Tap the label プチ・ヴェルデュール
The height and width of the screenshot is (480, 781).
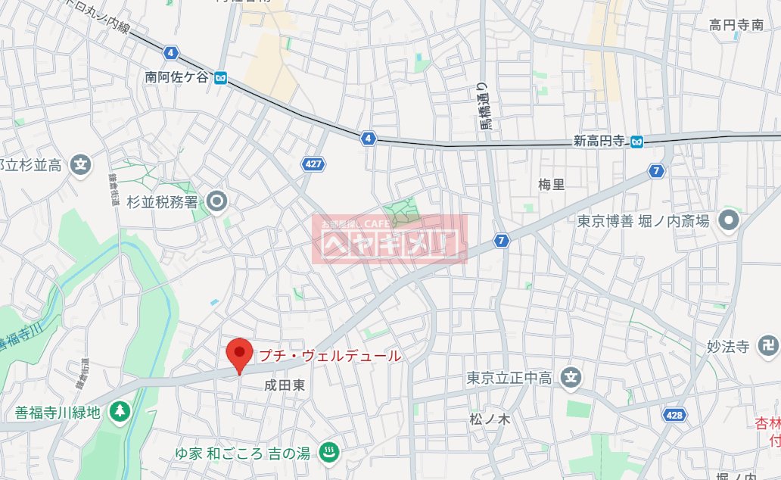pyautogui.click(x=330, y=355)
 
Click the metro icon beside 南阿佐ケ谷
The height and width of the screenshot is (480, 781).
pyautogui.click(x=220, y=76)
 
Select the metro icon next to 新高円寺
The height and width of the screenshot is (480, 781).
pyautogui.click(x=638, y=141)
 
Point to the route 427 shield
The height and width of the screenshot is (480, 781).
pyautogui.click(x=311, y=164)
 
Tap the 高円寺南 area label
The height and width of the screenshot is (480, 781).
pyautogui.click(x=736, y=25)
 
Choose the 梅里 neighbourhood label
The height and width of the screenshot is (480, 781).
pyautogui.click(x=551, y=184)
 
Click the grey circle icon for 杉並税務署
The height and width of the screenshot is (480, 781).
pyautogui.click(x=218, y=201)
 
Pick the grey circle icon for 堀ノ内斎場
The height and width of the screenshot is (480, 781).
pyautogui.click(x=730, y=220)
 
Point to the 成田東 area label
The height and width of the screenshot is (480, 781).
pyautogui.click(x=285, y=385)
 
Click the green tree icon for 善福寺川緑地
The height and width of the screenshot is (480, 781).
pyautogui.click(x=119, y=412)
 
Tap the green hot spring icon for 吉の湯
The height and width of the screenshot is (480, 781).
pyautogui.click(x=330, y=453)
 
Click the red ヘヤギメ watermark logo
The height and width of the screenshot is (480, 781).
pyautogui.click(x=390, y=239)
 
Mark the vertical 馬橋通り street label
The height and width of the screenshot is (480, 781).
pyautogui.click(x=481, y=106)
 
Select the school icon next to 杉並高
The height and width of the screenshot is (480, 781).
pyautogui.click(x=80, y=164)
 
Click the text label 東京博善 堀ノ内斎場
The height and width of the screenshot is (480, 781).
pyautogui.click(x=643, y=221)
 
